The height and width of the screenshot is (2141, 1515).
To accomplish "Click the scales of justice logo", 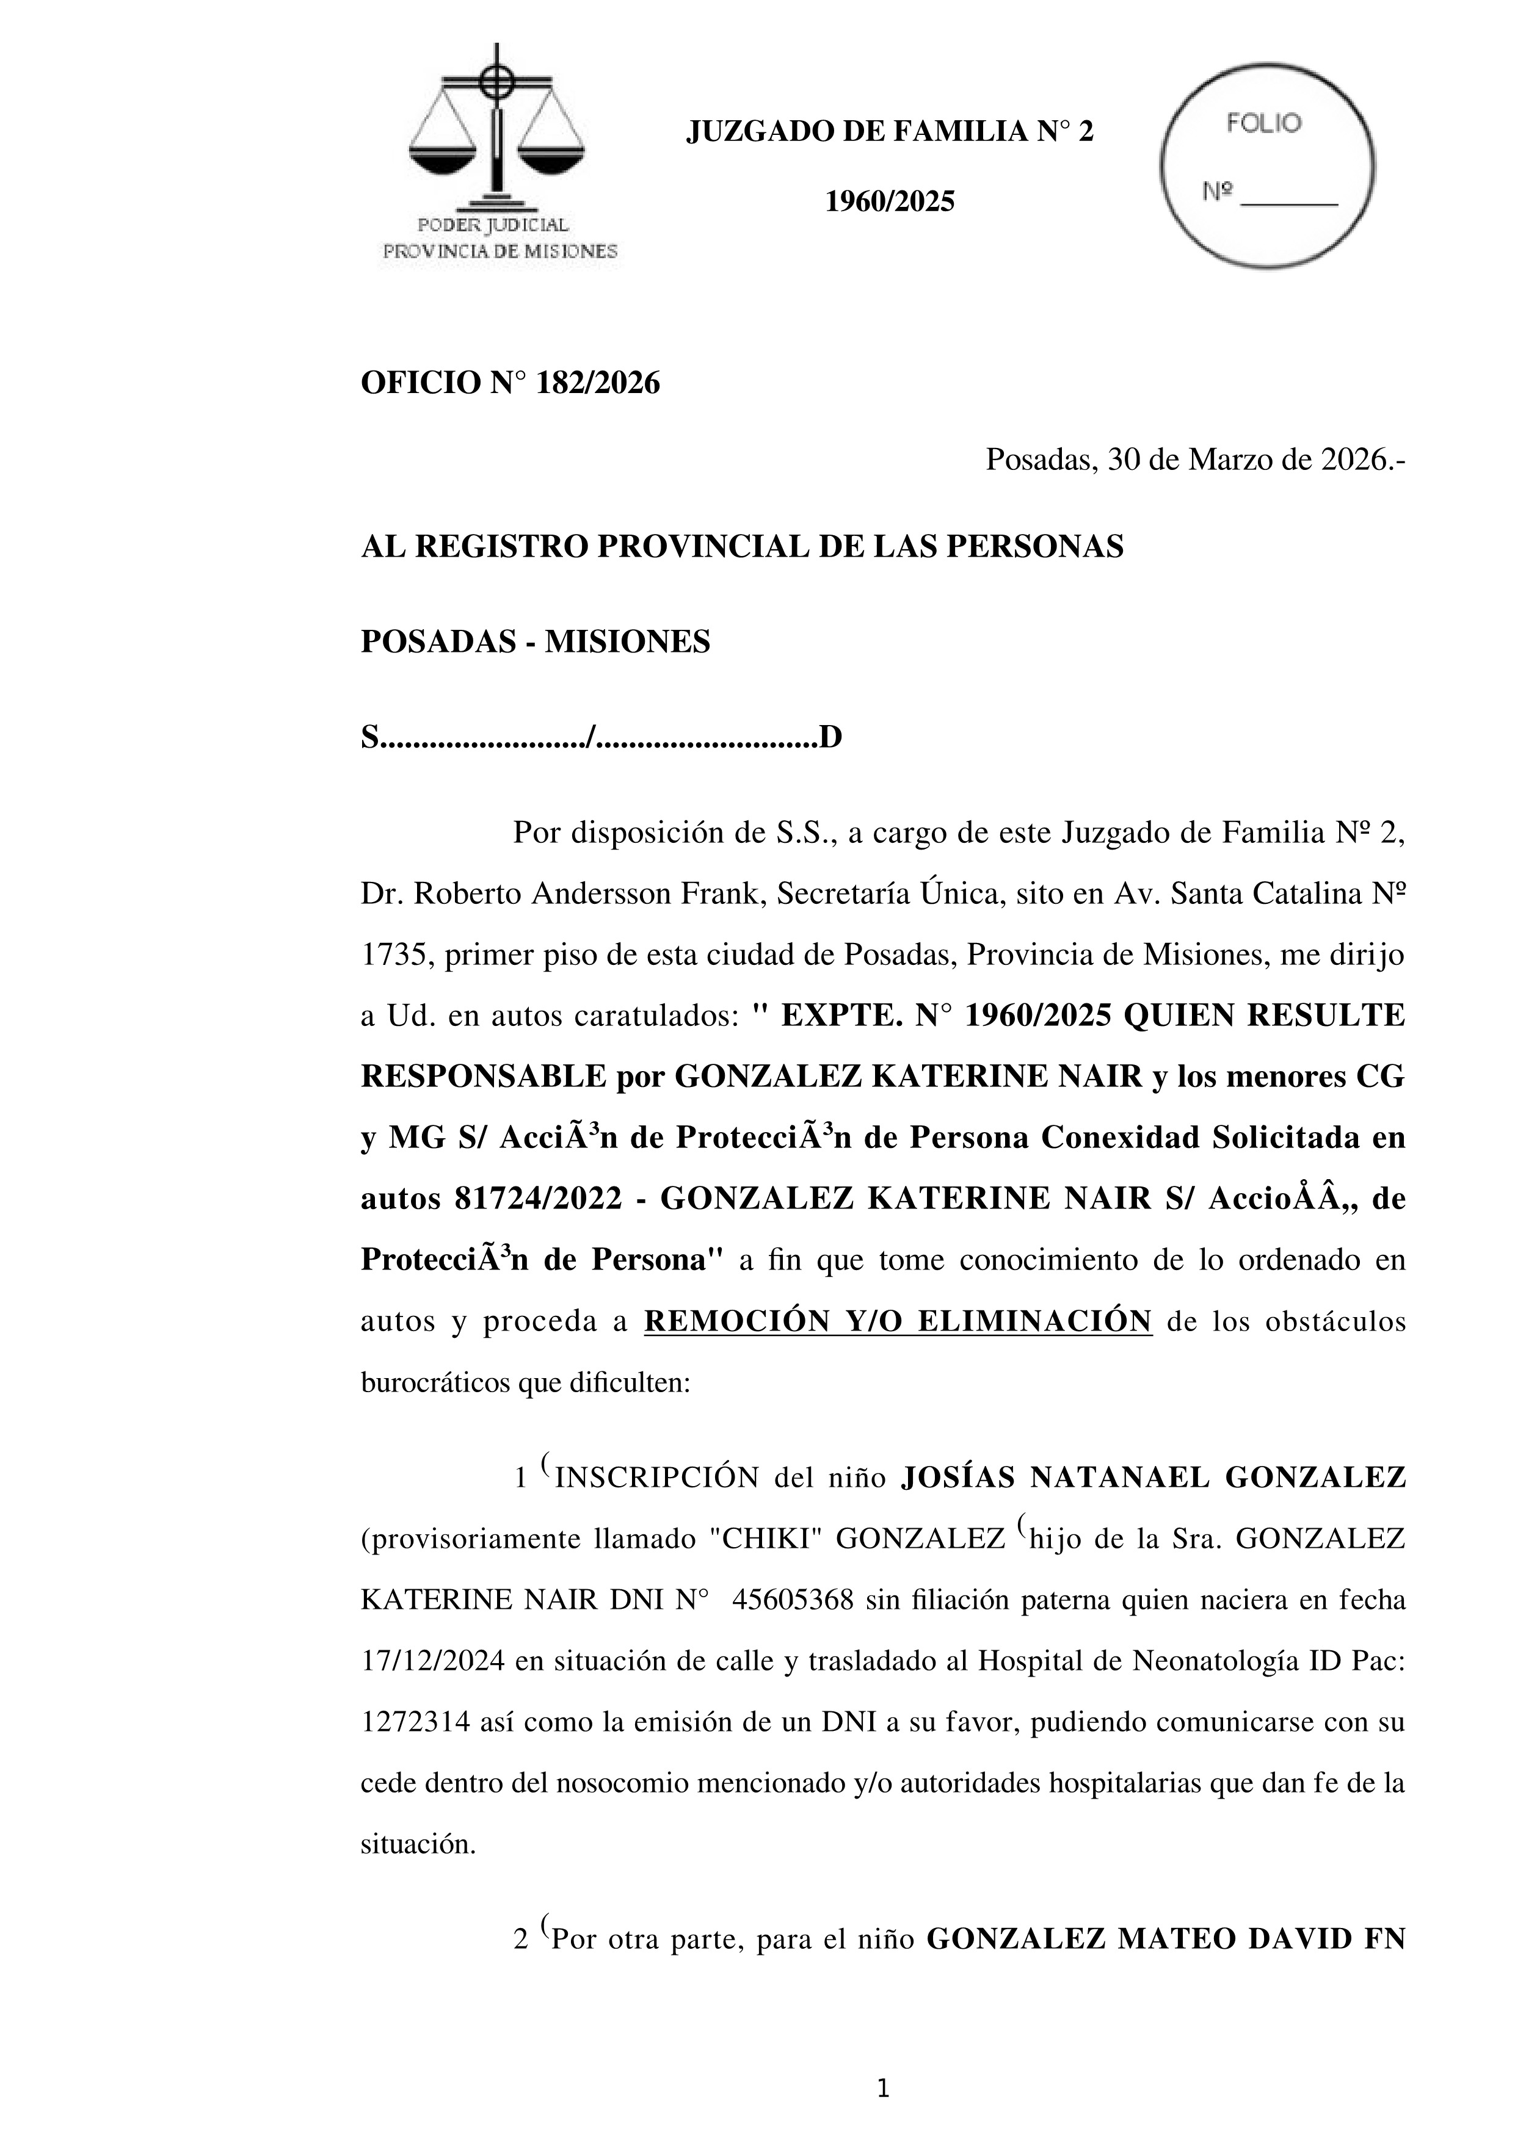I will click(x=497, y=131).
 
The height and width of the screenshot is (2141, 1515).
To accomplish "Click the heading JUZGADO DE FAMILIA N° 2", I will click(x=890, y=132).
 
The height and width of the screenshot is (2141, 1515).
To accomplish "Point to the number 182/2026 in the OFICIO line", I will click(x=597, y=383).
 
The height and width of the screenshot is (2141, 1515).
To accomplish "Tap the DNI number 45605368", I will click(x=793, y=1600).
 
